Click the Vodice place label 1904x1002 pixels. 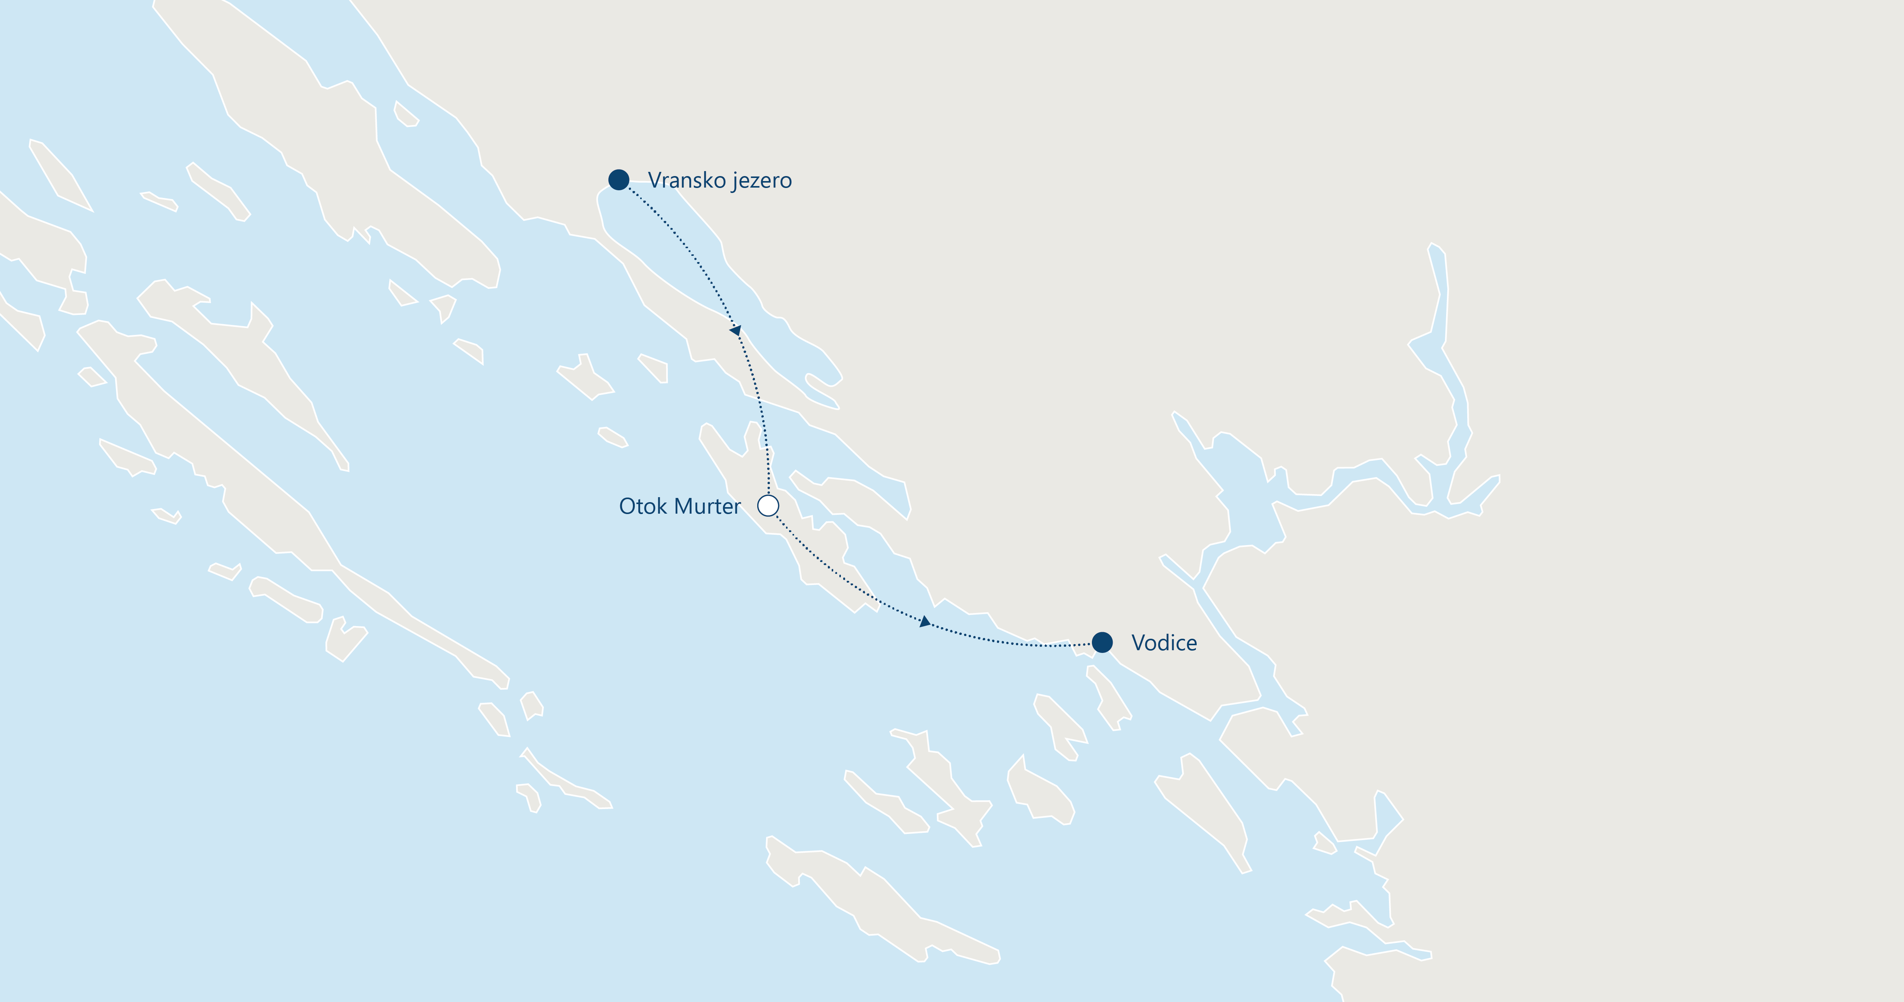pos(1164,643)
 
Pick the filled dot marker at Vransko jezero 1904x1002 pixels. pos(619,180)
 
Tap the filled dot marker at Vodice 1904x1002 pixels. pos(1102,642)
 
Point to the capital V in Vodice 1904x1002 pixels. pos(1139,643)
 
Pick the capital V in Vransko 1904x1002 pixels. pos(654,180)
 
